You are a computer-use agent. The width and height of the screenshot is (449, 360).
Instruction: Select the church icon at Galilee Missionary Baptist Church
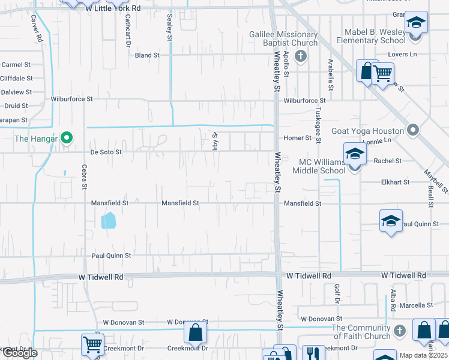click(x=301, y=56)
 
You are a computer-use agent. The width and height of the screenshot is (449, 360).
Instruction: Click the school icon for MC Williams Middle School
click(x=355, y=154)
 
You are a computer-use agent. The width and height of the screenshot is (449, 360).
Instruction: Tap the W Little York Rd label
click(x=113, y=8)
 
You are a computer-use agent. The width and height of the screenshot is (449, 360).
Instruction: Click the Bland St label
click(x=147, y=55)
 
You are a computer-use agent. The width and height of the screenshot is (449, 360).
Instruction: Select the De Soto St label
click(x=106, y=152)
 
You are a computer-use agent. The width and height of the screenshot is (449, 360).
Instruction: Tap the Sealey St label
click(x=170, y=28)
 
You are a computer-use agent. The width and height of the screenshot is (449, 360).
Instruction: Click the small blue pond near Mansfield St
click(x=109, y=221)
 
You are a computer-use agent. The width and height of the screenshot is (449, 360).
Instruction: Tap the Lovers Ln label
click(x=404, y=55)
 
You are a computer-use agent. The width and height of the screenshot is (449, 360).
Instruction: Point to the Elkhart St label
click(x=395, y=182)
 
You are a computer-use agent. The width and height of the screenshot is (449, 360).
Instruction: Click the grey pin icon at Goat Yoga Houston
click(x=412, y=130)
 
